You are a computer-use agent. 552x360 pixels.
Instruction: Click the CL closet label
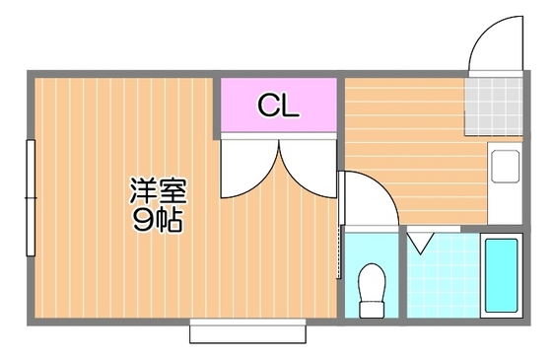point(279,106)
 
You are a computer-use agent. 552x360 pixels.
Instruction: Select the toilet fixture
point(373,286)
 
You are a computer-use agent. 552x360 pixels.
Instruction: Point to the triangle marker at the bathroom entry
point(422,240)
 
